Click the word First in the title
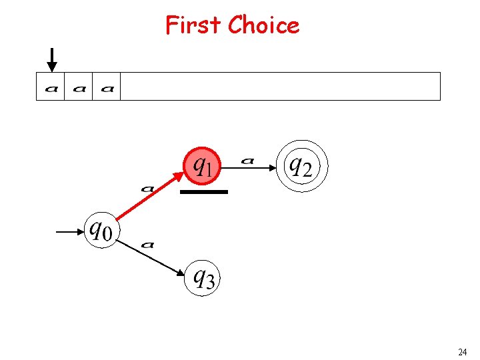tap(193, 25)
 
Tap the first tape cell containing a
tap(51, 87)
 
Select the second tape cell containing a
tap(79, 87)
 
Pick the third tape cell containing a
tap(107, 87)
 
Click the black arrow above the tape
tap(52, 59)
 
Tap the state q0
tap(101, 231)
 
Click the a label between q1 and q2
tap(247, 160)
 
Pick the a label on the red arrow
tap(147, 189)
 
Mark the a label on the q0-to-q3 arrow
tap(148, 245)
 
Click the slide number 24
tap(462, 351)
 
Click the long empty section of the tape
tap(280, 87)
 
